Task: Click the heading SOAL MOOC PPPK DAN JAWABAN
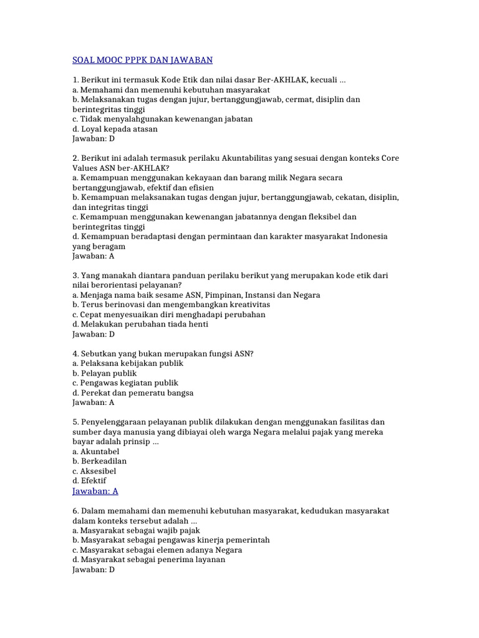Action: coord(143,60)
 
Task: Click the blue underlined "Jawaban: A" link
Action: coord(95,491)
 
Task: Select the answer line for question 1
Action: coord(94,138)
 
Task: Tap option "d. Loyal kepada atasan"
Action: coord(115,129)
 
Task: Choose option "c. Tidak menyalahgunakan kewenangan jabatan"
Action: coord(162,118)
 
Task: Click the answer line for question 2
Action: coord(94,256)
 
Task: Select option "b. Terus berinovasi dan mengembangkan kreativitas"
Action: coord(171,305)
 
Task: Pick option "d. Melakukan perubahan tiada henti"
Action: coord(140,324)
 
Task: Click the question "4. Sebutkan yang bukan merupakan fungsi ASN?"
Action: coord(163,353)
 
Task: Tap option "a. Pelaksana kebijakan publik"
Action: coord(128,363)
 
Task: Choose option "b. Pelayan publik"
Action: coord(105,373)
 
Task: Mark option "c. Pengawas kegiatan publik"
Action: coord(125,383)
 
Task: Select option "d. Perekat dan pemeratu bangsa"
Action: coord(133,393)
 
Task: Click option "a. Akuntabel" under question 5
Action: coord(95,451)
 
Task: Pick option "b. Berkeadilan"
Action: coord(100,461)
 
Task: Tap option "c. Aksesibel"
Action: coord(95,471)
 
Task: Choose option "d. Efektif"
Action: coord(89,481)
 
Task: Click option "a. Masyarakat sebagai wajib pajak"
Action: coord(136,530)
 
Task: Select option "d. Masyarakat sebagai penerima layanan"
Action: coord(149,559)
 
